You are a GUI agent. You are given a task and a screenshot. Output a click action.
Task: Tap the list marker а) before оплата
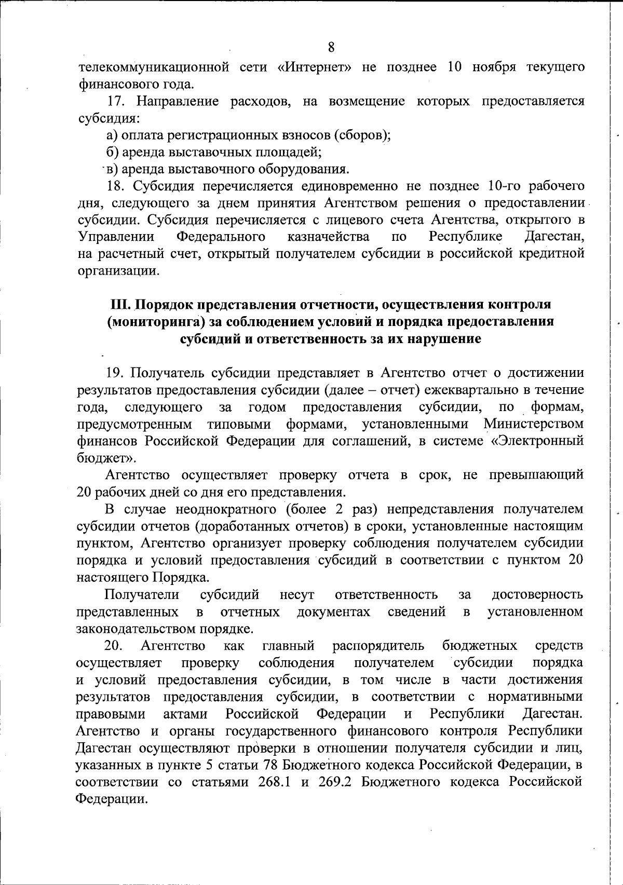111,135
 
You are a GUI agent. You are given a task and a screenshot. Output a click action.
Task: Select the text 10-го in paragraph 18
506,186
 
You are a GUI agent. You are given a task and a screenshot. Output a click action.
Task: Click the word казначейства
328,237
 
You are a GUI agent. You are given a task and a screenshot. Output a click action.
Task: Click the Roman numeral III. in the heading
122,304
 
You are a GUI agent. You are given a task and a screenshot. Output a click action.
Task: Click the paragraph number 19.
115,373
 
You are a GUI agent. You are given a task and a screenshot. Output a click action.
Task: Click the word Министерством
534,424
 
